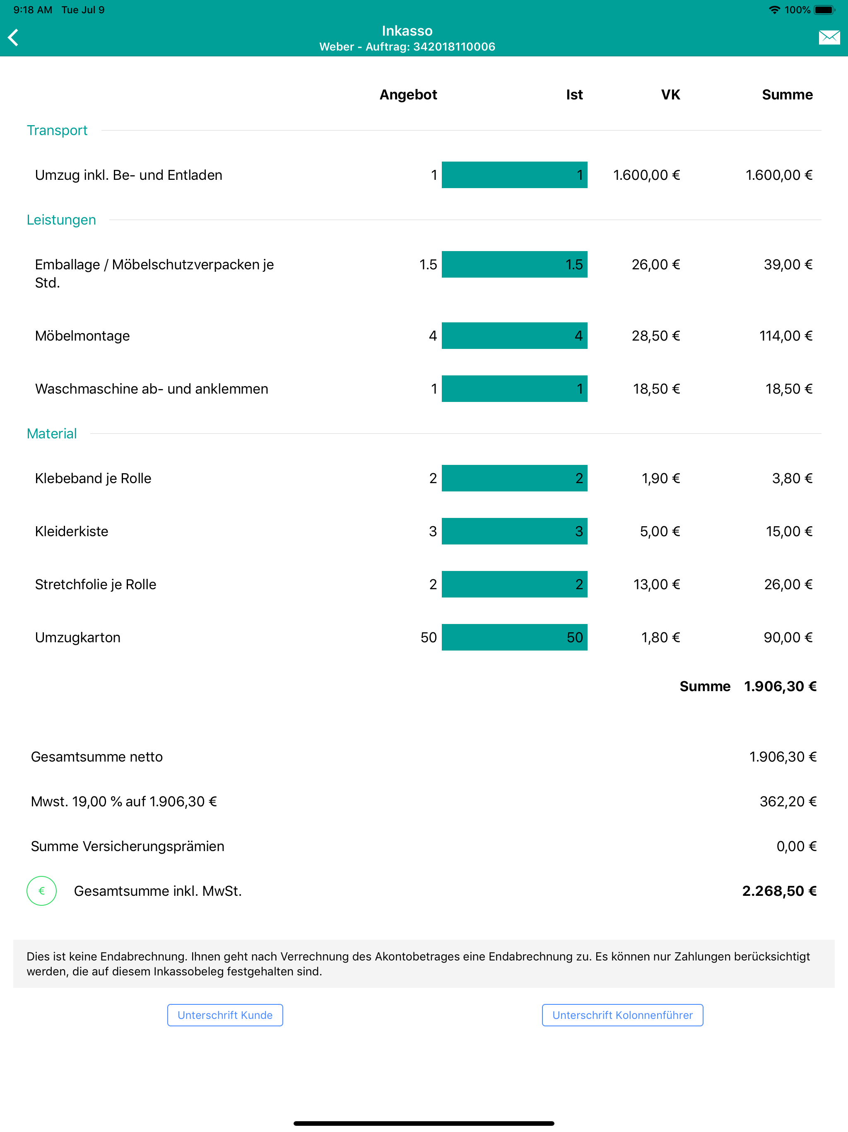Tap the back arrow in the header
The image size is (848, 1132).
[x=14, y=37]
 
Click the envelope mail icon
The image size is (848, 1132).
[x=829, y=37]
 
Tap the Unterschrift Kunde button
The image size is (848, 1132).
[x=225, y=1015]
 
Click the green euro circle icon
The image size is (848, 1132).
[x=41, y=891]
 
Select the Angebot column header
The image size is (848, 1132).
[x=408, y=94]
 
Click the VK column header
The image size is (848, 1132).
[x=670, y=94]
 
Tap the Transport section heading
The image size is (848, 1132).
[x=57, y=131]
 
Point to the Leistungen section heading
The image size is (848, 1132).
[x=61, y=220]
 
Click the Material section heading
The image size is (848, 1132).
[x=52, y=433]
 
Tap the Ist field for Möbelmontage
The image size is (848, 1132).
[x=515, y=336]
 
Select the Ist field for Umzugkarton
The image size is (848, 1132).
[x=515, y=637]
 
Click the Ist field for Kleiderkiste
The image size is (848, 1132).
[x=515, y=531]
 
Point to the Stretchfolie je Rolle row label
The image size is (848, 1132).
[x=96, y=584]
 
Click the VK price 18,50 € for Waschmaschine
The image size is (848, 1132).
[x=656, y=389]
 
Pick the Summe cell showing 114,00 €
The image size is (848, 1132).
[x=785, y=336]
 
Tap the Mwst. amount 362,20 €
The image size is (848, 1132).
[x=788, y=801]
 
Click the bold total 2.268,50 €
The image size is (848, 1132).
[x=779, y=891]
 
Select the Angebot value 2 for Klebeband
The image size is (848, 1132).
[x=433, y=478]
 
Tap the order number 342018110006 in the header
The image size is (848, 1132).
[x=454, y=46]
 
